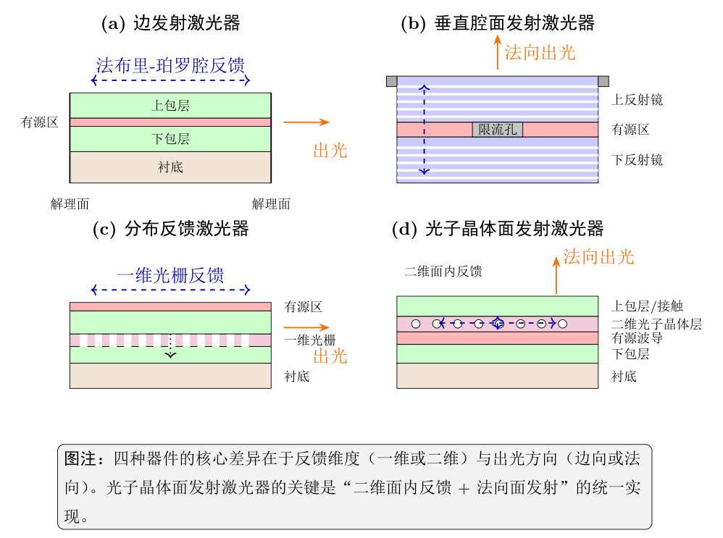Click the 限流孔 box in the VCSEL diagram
tap(497, 130)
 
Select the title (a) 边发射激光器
tap(170, 23)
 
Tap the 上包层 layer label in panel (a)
tap(170, 106)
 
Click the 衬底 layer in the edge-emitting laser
tap(170, 167)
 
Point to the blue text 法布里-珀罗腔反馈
tap(170, 65)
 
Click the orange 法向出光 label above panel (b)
tap(540, 53)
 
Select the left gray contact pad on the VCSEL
tap(391, 82)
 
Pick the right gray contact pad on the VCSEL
tap(603, 82)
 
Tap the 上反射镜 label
tap(638, 100)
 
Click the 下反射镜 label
tap(638, 160)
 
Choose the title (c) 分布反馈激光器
tap(170, 229)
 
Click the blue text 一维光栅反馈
tap(170, 275)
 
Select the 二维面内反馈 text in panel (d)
tap(443, 271)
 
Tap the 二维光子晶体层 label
tap(656, 324)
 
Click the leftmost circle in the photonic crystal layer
tap(416, 324)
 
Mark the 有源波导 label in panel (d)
tap(638, 338)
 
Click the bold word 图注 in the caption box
tap(80, 458)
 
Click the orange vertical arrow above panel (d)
tap(556, 275)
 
